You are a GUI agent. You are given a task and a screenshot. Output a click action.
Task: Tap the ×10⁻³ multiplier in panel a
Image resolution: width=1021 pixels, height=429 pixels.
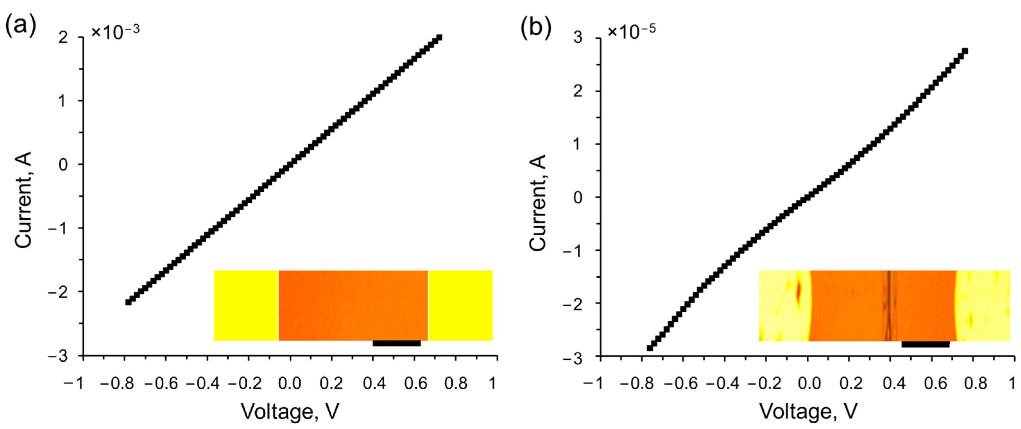click(x=115, y=32)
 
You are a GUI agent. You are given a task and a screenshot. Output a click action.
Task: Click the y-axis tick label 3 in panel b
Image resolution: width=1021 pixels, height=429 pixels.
click(x=578, y=38)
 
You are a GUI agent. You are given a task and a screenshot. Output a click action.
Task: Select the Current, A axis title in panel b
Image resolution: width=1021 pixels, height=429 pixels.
click(x=538, y=203)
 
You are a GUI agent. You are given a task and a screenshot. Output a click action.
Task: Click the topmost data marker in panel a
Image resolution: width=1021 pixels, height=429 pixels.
click(x=439, y=38)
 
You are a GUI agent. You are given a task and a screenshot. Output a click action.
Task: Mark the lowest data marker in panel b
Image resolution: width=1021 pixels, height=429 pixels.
click(x=650, y=348)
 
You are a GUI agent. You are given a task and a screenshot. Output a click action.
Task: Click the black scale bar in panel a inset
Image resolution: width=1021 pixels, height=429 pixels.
click(x=396, y=343)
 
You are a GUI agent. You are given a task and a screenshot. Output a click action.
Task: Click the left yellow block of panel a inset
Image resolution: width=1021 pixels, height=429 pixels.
click(x=246, y=306)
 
